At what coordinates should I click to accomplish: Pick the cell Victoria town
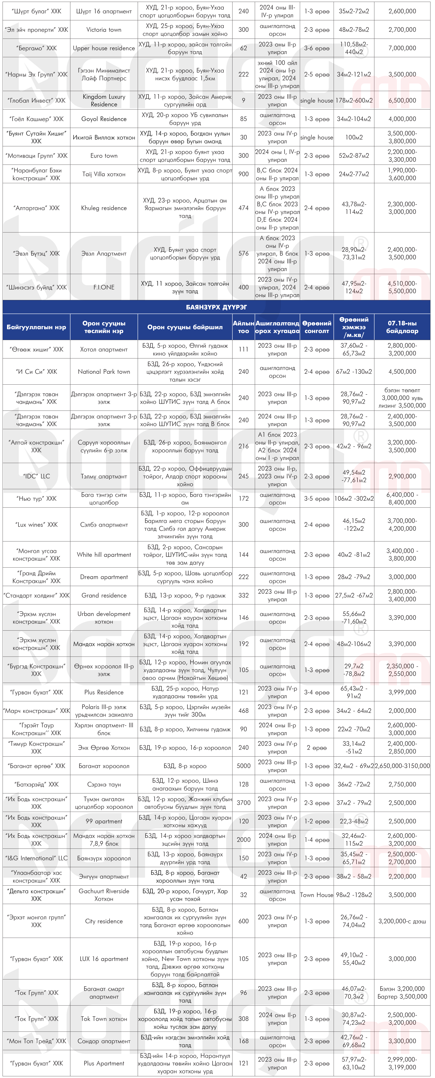(104, 30)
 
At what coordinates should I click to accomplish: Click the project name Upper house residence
(104, 48)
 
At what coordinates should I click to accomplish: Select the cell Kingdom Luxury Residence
(104, 100)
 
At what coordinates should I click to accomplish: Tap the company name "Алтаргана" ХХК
(36, 208)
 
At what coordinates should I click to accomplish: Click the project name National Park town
(104, 372)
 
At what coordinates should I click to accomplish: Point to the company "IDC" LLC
(36, 476)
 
